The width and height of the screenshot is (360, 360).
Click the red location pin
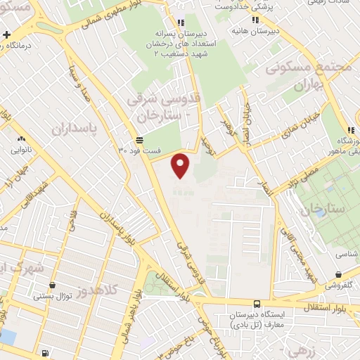[x=181, y=165]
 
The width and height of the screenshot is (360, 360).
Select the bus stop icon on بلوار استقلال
[x=256, y=304]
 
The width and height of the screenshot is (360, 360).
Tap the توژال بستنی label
[x=53, y=296]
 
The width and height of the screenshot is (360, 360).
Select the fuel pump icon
[x=45, y=352]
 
